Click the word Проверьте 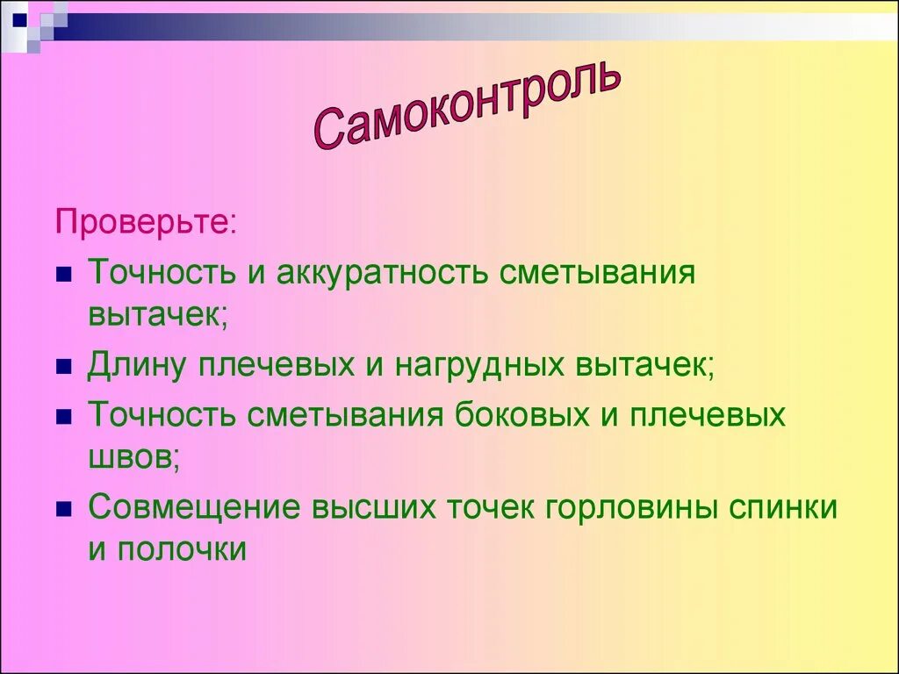click(x=144, y=222)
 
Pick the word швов click(x=133, y=456)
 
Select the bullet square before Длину click(x=62, y=367)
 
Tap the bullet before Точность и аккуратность click(x=62, y=276)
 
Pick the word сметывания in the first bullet click(x=597, y=273)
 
